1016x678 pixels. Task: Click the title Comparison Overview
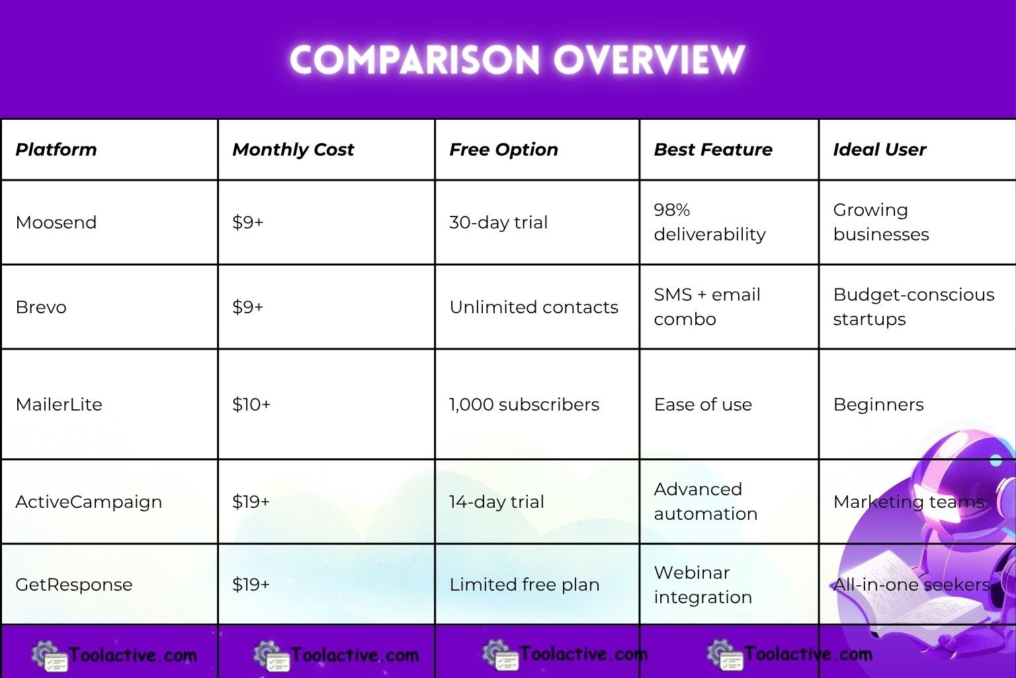(x=517, y=60)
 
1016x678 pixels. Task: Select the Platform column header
(x=56, y=150)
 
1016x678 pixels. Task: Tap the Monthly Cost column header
(x=293, y=150)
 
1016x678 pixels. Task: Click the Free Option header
(x=503, y=150)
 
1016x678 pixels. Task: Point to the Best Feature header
(x=713, y=150)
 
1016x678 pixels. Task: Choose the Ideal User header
(x=879, y=150)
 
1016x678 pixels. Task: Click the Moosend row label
(x=56, y=222)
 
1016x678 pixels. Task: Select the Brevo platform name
(x=41, y=307)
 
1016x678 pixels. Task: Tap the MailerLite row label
(x=59, y=405)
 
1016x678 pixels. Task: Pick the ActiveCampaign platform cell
(x=89, y=502)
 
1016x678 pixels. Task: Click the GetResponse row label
(x=74, y=585)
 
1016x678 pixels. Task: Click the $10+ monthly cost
(x=251, y=405)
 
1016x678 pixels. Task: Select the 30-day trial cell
(x=498, y=222)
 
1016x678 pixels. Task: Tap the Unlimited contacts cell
(x=534, y=307)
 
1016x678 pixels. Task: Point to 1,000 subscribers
(x=524, y=405)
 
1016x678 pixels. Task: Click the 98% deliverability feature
(x=709, y=222)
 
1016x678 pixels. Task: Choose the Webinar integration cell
(x=702, y=585)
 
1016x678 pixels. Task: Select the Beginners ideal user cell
(x=878, y=405)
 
